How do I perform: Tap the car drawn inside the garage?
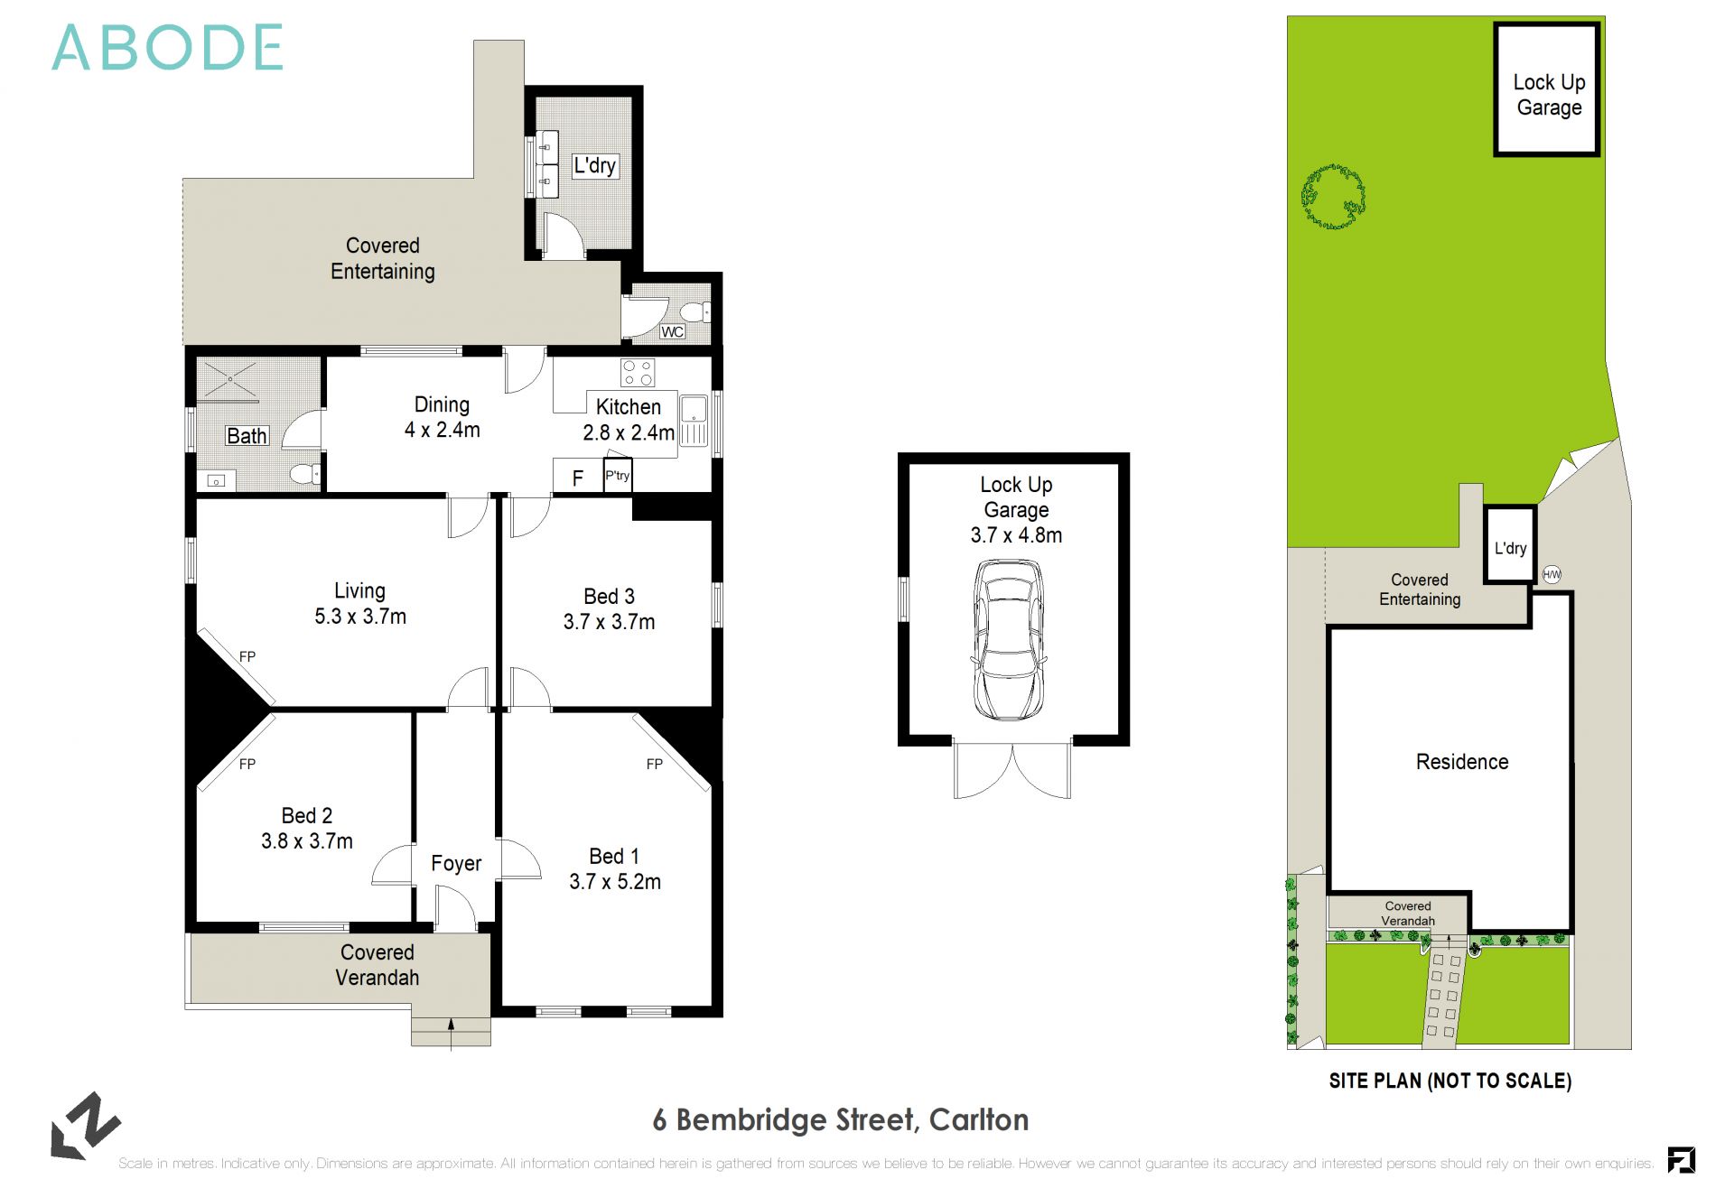(1009, 639)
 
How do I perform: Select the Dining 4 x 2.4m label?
(442, 417)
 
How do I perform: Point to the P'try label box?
(618, 476)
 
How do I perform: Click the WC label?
(672, 332)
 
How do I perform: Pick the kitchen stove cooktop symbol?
(638, 373)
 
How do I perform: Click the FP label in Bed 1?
(655, 765)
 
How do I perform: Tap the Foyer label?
(456, 864)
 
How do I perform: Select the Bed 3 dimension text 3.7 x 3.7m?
(609, 622)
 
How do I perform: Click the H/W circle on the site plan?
(1552, 574)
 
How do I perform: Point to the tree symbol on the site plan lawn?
(1333, 197)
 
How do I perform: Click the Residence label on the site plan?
(1462, 762)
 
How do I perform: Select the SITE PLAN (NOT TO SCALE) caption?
(1450, 1081)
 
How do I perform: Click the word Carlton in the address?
(979, 1120)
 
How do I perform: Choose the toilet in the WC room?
(695, 312)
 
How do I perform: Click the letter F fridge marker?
(578, 478)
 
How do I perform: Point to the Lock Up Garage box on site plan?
(1548, 90)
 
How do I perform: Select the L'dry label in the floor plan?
(595, 166)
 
